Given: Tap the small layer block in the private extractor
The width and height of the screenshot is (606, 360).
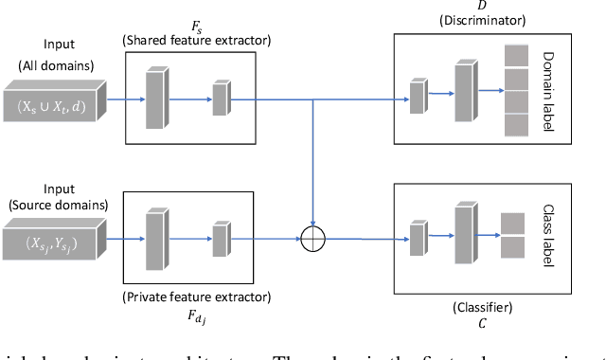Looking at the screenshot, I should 221,239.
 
